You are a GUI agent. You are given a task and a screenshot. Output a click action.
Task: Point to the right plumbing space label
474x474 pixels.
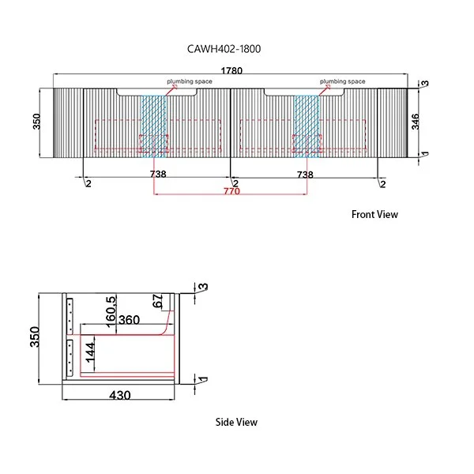coord(343,81)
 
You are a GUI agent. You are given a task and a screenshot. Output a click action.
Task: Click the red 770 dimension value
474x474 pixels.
coord(231,191)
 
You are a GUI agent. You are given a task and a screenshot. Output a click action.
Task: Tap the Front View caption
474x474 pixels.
coord(374,214)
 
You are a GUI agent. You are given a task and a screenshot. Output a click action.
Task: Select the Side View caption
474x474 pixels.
coord(236,422)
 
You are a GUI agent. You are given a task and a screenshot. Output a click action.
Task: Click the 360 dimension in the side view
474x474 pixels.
coord(130,321)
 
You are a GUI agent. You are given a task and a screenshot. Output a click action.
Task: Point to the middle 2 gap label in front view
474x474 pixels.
coord(235,184)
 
